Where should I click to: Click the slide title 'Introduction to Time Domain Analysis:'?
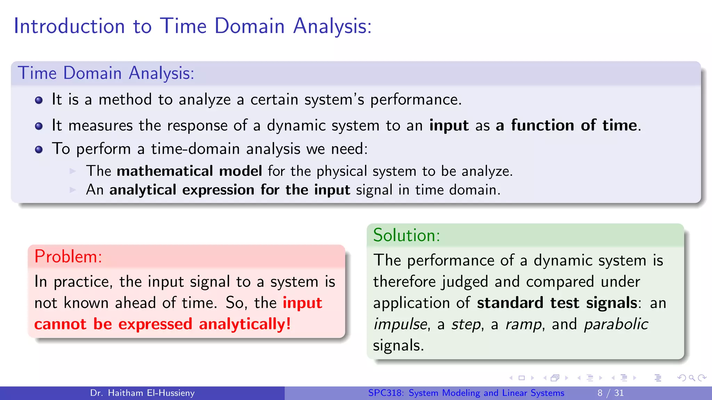pyautogui.click(x=192, y=26)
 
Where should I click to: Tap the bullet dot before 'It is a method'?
pyautogui.click(x=39, y=100)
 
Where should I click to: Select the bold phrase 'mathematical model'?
pyautogui.click(x=189, y=171)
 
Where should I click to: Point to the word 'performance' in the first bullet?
pyautogui.click(x=415, y=100)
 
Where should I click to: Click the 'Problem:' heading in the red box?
pyautogui.click(x=68, y=257)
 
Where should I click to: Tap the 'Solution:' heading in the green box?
pyautogui.click(x=406, y=235)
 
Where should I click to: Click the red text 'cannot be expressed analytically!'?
pyautogui.click(x=162, y=324)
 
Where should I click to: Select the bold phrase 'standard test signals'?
pyautogui.click(x=557, y=303)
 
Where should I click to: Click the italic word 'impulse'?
pyautogui.click(x=400, y=324)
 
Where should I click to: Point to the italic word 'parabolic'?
pyautogui.click(x=616, y=324)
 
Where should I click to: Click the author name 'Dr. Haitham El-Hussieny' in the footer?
pyautogui.click(x=142, y=393)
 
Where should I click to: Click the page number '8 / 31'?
pyautogui.click(x=610, y=393)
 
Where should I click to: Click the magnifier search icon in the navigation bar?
pyautogui.click(x=691, y=378)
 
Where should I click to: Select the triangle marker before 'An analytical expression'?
pyautogui.click(x=73, y=190)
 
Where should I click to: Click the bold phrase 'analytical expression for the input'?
pyautogui.click(x=229, y=190)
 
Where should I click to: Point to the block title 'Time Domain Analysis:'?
pyautogui.click(x=106, y=73)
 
